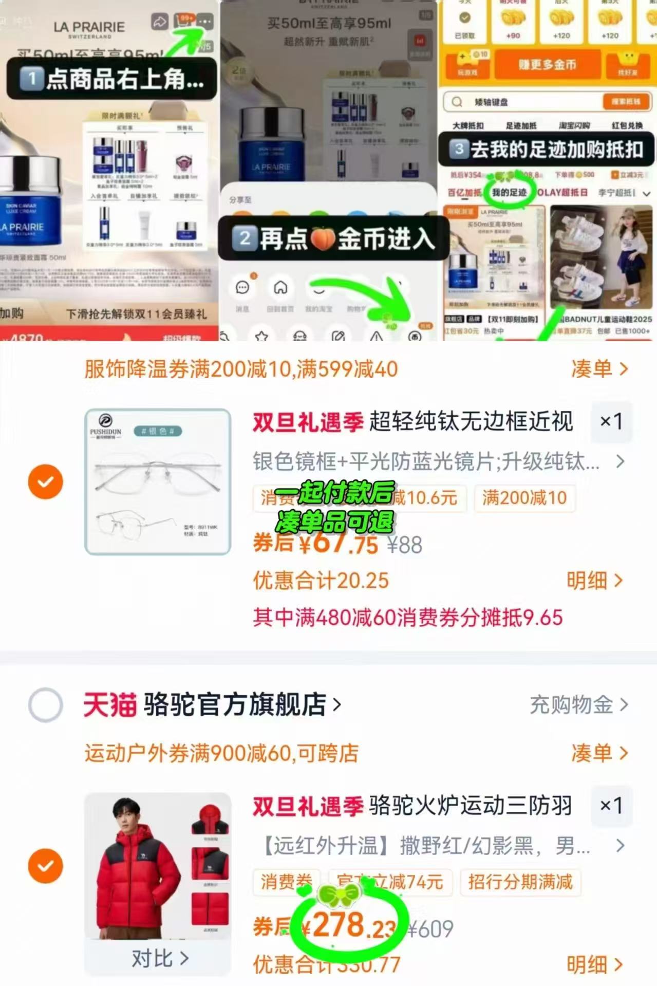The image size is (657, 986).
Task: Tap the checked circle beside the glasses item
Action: pos(46,481)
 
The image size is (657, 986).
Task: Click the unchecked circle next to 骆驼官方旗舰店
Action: pos(46,704)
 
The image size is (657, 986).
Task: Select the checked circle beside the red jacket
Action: pos(46,866)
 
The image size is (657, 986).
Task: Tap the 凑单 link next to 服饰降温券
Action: pos(599,369)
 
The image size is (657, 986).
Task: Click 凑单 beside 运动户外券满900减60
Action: pos(599,753)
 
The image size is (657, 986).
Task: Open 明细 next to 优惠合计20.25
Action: pos(594,581)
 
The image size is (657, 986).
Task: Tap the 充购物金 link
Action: pos(578,704)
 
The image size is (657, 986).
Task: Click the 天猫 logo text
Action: pos(110,704)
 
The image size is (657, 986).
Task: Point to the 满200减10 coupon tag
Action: pos(524,498)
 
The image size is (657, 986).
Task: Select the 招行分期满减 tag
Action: pos(520,882)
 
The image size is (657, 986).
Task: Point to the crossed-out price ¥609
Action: pos(431,929)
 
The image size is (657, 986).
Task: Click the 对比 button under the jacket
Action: pos(159,958)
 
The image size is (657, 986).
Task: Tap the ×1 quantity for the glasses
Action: pos(611,422)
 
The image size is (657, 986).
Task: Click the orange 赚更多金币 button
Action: pos(547,65)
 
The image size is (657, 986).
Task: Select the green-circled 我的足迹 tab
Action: pos(509,192)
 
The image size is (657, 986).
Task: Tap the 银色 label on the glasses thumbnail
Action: pos(157,431)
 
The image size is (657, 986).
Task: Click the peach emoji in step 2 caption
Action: pos(323,239)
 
